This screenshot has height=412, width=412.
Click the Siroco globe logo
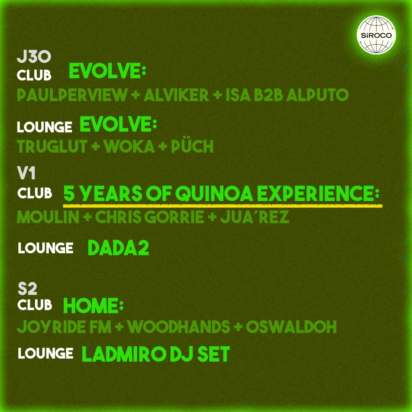(376, 35)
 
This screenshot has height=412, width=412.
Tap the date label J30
(34, 57)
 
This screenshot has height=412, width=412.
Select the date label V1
(26, 173)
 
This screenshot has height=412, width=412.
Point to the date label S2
(27, 289)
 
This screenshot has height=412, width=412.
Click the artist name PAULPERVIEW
(72, 95)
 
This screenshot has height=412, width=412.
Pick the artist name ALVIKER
(176, 95)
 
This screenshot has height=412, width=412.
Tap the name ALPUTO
(317, 95)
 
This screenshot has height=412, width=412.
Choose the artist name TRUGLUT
(52, 146)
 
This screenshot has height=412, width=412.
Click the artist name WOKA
(129, 146)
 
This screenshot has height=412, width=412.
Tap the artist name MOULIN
(48, 217)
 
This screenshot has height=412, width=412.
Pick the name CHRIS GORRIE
(150, 217)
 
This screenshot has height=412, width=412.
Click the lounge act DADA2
(118, 248)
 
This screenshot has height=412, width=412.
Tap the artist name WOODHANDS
(179, 327)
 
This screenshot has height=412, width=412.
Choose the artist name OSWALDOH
(291, 327)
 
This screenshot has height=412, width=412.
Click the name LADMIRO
(124, 354)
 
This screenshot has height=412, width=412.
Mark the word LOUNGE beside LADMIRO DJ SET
(45, 353)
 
